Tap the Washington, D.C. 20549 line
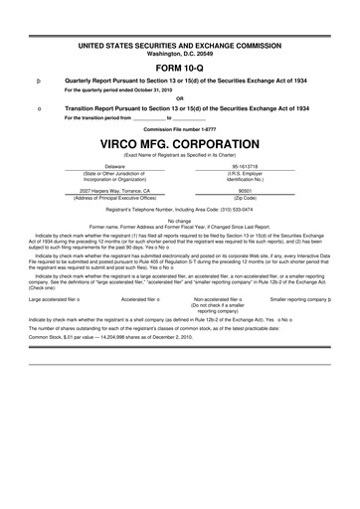pos(179,53)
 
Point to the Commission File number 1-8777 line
pos(179,129)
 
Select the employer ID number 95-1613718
pos(244,166)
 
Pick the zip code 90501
pos(244,189)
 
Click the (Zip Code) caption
pos(244,197)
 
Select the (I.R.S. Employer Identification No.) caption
pos(244,177)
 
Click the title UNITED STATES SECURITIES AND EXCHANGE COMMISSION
pos(179,45)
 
